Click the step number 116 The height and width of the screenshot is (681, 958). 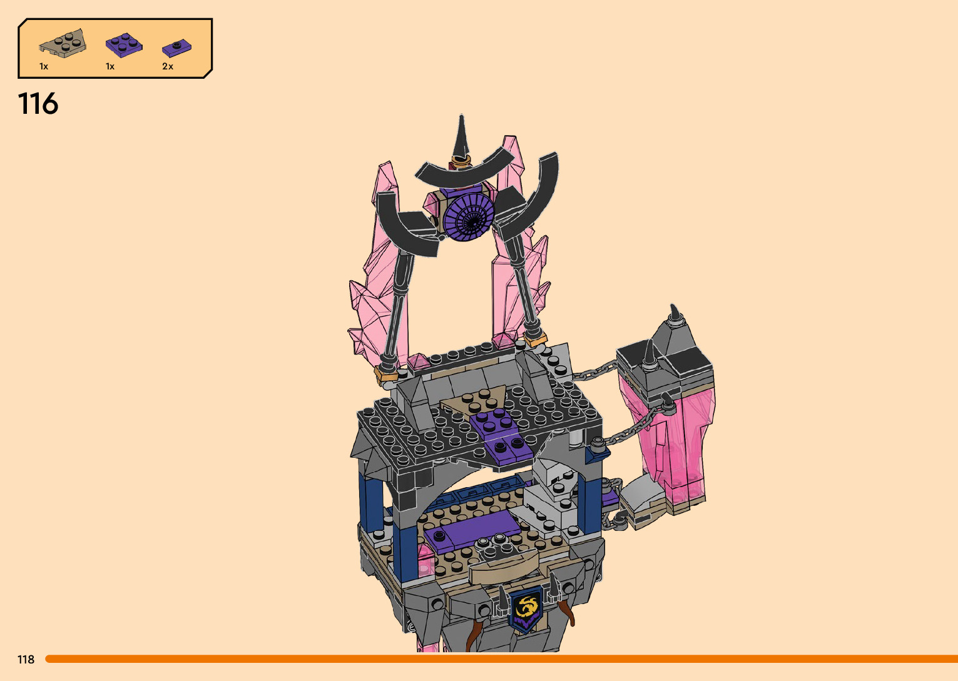[38, 103]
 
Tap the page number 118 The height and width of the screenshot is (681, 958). [26, 659]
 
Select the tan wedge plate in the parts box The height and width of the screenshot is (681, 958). [63, 44]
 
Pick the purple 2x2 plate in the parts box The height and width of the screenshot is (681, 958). [124, 45]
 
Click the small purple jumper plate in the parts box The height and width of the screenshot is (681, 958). [176, 48]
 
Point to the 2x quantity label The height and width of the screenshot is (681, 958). [168, 66]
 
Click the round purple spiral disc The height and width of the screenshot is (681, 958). [468, 216]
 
